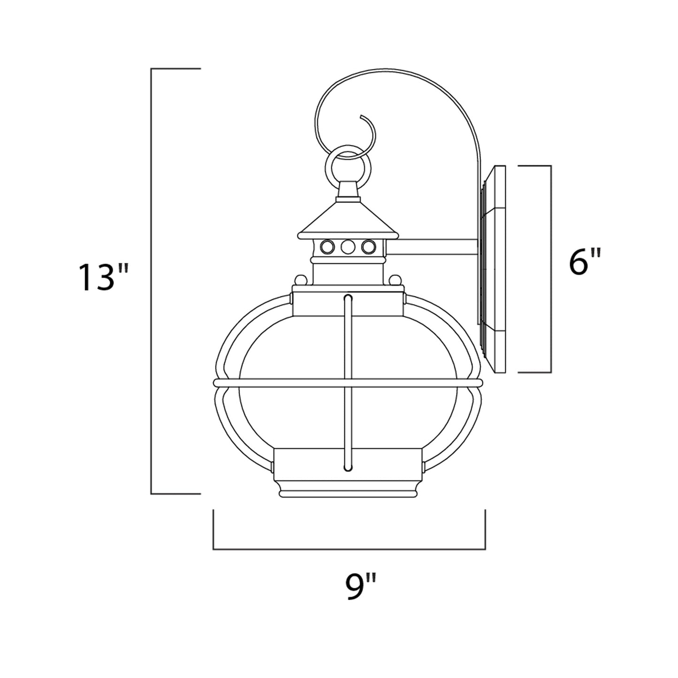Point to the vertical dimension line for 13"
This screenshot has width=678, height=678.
click(151, 282)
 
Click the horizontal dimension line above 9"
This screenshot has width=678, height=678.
click(349, 548)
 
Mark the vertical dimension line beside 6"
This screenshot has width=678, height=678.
click(550, 269)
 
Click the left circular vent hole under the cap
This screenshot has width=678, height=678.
click(326, 246)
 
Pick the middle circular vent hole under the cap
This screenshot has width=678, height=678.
click(348, 246)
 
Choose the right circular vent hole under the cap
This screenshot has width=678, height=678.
click(369, 246)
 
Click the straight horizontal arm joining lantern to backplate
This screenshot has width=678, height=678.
click(432, 247)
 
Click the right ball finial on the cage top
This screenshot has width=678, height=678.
click(396, 280)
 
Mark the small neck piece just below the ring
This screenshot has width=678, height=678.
click(348, 190)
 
